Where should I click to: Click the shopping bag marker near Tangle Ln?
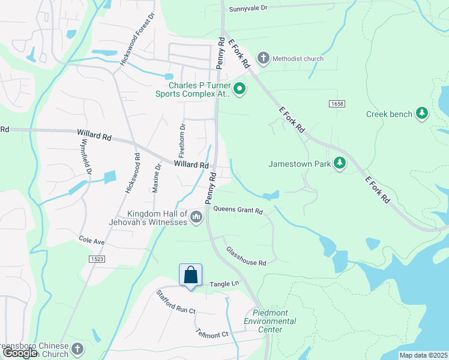190,275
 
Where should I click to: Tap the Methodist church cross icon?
263,58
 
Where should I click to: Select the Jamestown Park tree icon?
340,163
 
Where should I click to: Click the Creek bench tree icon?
422,113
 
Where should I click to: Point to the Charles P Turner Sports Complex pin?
240,90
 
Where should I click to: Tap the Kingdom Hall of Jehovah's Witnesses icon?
196,217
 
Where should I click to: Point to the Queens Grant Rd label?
238,211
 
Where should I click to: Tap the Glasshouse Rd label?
246,255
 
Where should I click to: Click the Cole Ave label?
91,240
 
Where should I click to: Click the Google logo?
19,353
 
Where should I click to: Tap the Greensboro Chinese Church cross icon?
76,349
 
